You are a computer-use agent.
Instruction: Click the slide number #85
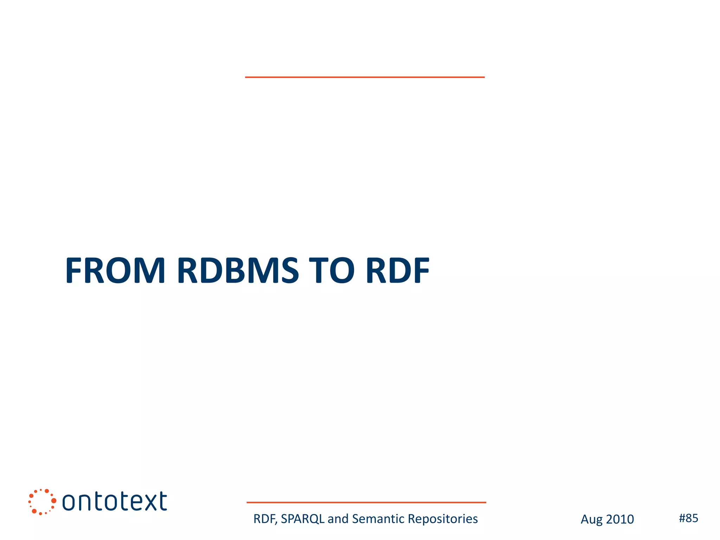pos(688,518)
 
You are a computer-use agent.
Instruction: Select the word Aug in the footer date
pos(592,520)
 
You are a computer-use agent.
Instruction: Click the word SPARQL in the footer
pos(303,519)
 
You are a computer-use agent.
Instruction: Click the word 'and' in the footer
pos(338,519)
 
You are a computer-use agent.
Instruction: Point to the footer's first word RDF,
pos(265,519)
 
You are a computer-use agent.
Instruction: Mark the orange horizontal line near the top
pos(365,77)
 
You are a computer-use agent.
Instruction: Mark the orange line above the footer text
pos(366,502)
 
